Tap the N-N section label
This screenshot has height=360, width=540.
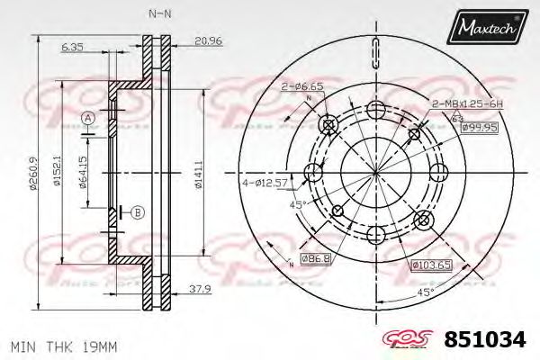(x=159, y=14)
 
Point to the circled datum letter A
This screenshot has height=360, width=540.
(x=87, y=118)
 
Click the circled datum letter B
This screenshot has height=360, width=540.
(x=138, y=212)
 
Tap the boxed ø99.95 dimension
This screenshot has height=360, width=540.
(x=480, y=128)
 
